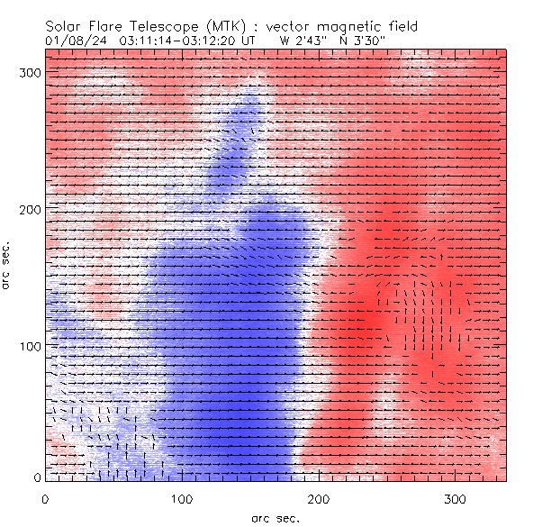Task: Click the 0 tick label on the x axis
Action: tap(45, 498)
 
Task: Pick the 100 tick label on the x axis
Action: tap(182, 498)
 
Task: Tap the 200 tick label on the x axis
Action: tap(319, 498)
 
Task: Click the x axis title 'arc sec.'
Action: tap(275, 517)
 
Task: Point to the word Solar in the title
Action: tap(62, 26)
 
